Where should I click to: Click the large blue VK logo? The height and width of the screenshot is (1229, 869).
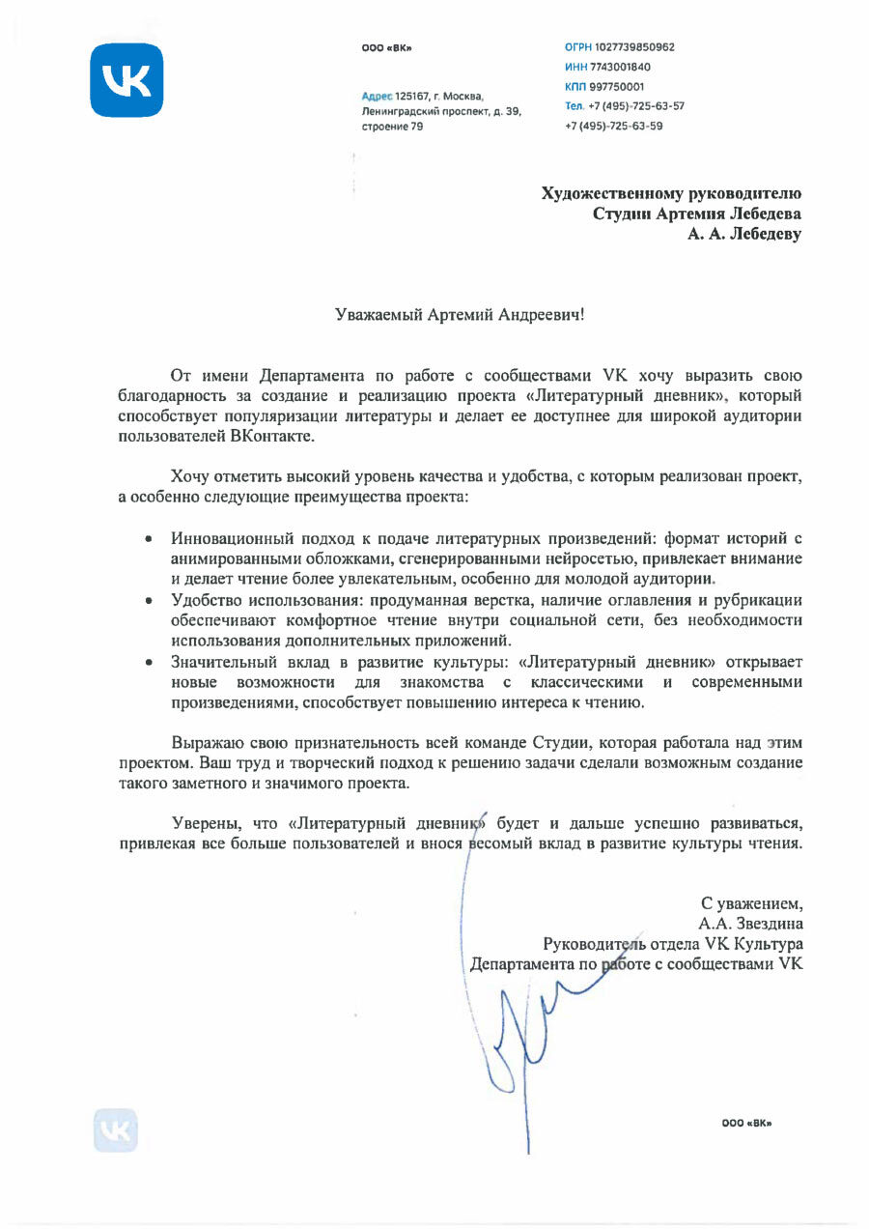tap(126, 80)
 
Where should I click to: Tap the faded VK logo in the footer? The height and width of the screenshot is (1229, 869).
tap(116, 1129)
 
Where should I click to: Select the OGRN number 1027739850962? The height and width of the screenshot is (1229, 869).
tap(635, 47)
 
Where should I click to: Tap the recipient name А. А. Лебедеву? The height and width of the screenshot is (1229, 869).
tap(743, 234)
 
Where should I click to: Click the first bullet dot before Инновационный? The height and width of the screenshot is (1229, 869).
tap(148, 537)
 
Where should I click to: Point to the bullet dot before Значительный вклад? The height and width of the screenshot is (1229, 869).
tap(148, 664)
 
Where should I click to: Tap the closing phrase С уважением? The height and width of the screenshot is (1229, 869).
tap(751, 903)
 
